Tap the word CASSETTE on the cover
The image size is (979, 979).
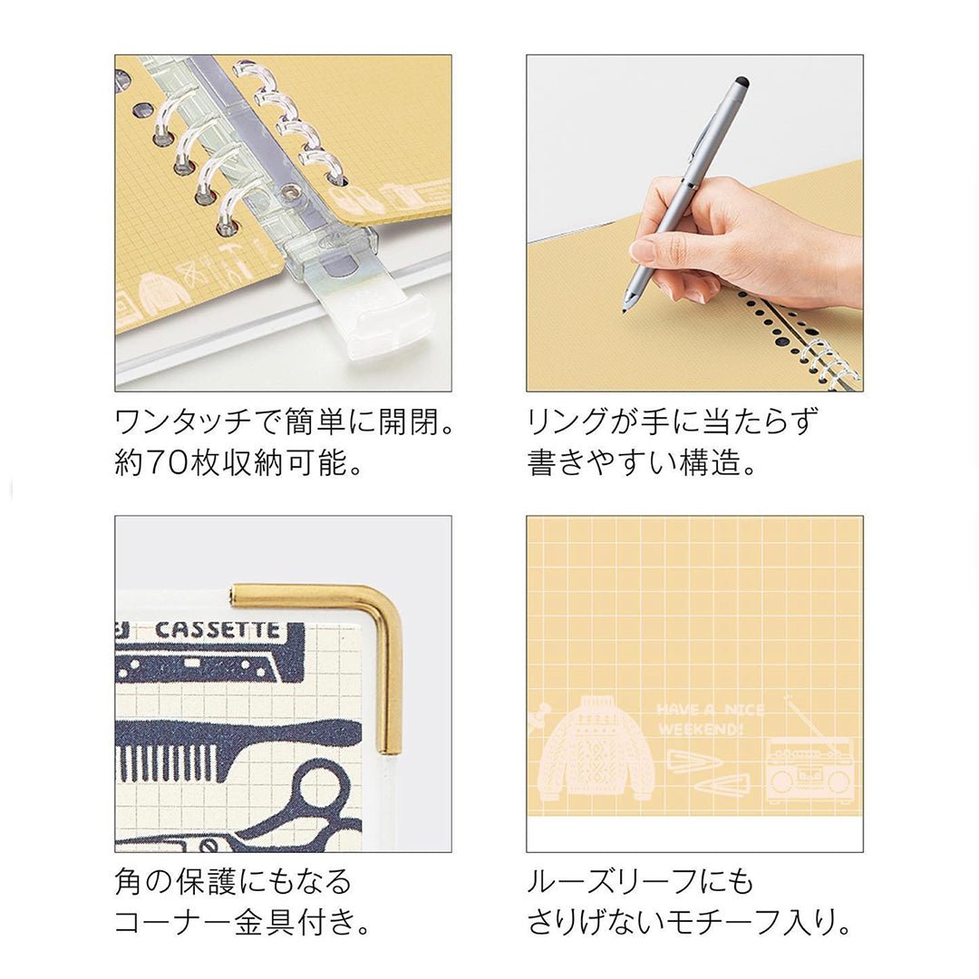(218, 630)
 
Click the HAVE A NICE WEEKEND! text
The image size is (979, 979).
(711, 719)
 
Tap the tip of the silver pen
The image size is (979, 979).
(625, 310)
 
